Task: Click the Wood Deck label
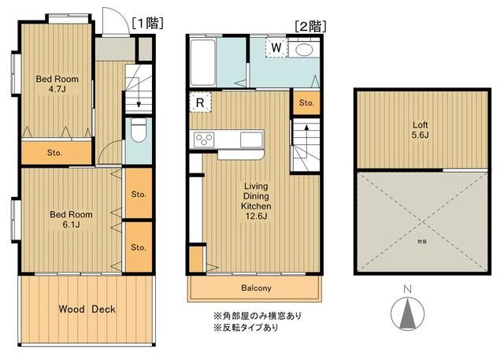[x=87, y=309]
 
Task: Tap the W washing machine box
[x=276, y=48]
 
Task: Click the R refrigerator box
[x=199, y=102]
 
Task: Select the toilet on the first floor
[x=137, y=131]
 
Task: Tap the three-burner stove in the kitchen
[x=205, y=140]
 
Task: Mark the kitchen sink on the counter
[x=252, y=140]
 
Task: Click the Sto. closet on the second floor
[x=306, y=102]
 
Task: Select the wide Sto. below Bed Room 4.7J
[x=55, y=152]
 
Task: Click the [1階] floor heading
[x=147, y=23]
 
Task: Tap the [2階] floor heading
[x=309, y=25]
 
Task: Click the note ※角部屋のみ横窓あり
[x=257, y=315]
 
